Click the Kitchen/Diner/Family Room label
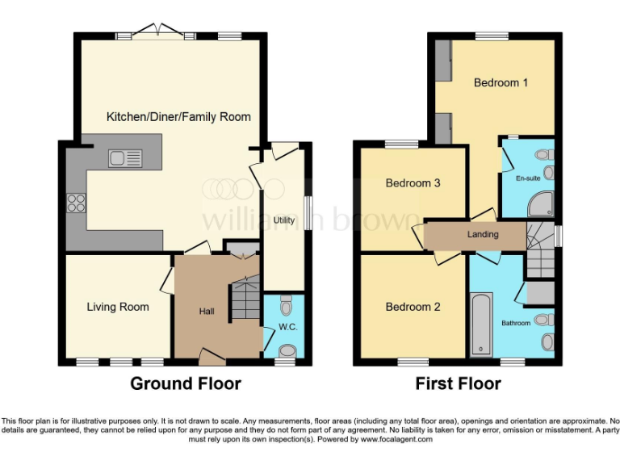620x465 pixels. tap(178, 117)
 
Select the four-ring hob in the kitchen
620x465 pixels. tap(76, 203)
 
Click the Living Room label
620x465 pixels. tap(118, 307)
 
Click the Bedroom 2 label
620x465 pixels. tap(413, 307)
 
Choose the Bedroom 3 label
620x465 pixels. tap(413, 183)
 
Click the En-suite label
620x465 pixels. tap(528, 178)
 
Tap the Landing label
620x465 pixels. tap(483, 235)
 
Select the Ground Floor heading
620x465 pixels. tap(186, 383)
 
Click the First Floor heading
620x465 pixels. tap(458, 383)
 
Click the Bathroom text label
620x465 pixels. tap(516, 323)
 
